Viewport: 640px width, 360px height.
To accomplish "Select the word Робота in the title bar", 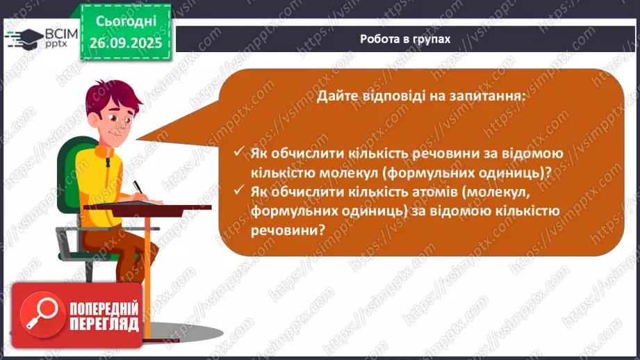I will (x=380, y=39).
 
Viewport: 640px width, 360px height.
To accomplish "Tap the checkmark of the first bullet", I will (x=238, y=152).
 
